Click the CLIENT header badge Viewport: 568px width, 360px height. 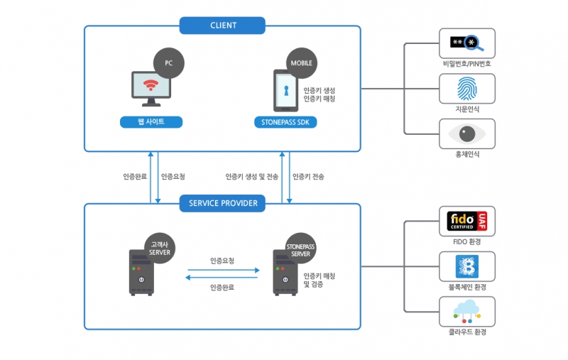(x=222, y=26)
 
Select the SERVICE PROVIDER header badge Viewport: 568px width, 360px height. (x=222, y=203)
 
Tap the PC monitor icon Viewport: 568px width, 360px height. (x=151, y=89)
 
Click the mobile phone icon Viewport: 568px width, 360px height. (x=283, y=92)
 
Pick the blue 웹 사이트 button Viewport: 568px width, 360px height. (x=151, y=122)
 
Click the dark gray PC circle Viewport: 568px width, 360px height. (x=169, y=63)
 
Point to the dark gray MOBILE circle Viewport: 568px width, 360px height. (x=300, y=63)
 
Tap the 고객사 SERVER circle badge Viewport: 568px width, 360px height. (x=158, y=248)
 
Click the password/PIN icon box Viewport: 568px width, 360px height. (x=466, y=43)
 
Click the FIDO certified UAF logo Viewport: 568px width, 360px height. (x=466, y=222)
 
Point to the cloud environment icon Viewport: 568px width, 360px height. (x=466, y=311)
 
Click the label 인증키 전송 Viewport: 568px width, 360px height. (x=309, y=177)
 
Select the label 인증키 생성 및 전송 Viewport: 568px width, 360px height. (x=252, y=177)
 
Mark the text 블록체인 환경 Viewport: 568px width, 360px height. (x=467, y=287)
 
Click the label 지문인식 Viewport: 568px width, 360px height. (x=467, y=109)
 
